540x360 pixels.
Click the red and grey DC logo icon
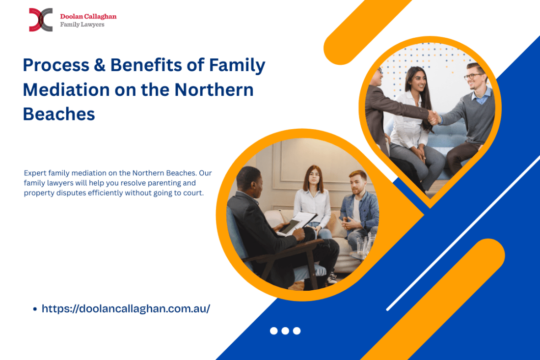click(x=40, y=20)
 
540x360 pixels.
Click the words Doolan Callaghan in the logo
click(x=88, y=16)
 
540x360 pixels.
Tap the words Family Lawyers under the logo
click(x=82, y=25)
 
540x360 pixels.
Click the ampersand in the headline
click(x=99, y=65)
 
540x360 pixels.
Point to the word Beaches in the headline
click(x=58, y=114)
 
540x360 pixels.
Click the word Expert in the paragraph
click(x=34, y=173)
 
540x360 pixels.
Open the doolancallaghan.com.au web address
click(x=126, y=309)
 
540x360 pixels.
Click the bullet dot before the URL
click(x=35, y=309)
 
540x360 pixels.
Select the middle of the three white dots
click(x=285, y=331)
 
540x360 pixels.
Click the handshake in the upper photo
click(x=433, y=117)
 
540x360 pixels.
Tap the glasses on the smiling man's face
click(x=474, y=76)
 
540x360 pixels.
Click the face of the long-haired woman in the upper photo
click(x=415, y=81)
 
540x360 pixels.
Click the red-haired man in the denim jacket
click(x=359, y=206)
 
